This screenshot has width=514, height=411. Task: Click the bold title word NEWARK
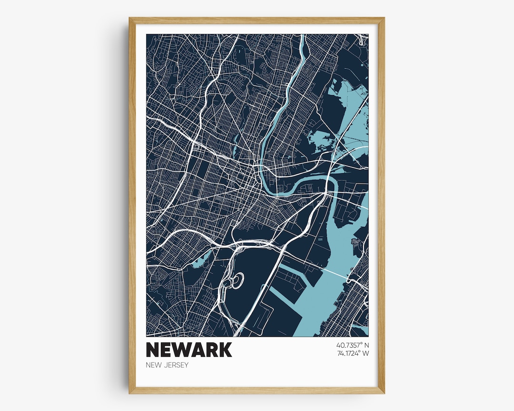point(189,350)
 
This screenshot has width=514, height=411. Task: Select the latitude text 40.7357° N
point(352,345)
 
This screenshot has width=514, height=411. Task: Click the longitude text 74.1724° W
point(352,353)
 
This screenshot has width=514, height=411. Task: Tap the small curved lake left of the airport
point(203,259)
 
